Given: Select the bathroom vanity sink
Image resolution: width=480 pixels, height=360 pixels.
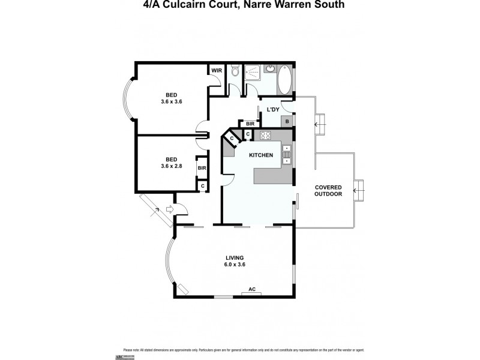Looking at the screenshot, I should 269,68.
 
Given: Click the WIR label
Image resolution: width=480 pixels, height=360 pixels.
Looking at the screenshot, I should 216,70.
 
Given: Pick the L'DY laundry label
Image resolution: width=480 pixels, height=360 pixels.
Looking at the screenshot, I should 273,109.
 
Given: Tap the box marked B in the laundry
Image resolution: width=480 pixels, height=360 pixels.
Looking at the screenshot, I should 287,122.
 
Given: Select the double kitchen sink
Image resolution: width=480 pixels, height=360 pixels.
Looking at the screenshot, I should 287,154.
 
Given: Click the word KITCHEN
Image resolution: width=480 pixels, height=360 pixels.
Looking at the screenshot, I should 262,155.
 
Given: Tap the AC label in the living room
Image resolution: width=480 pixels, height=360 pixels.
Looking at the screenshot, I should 252,290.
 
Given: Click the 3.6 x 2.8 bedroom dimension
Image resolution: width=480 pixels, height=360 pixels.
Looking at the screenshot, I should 171,166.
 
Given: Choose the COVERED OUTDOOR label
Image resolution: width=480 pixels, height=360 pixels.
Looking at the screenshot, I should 329,191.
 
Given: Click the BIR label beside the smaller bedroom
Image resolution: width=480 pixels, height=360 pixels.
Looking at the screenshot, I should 202,168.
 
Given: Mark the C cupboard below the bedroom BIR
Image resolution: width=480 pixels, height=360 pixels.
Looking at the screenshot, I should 203,186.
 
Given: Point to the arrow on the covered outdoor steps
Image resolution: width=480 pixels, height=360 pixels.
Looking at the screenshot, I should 358,191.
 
